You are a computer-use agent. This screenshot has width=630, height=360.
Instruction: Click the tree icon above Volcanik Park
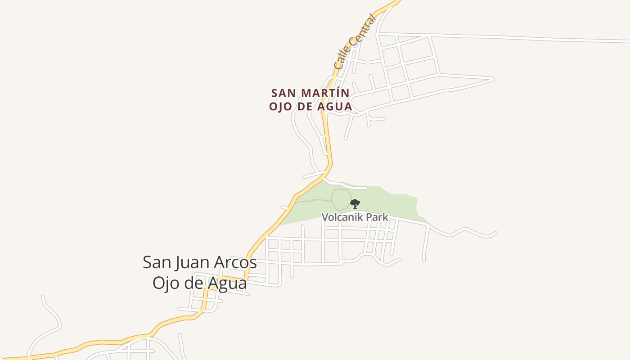355,204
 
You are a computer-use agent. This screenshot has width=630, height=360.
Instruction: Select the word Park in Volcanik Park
377,217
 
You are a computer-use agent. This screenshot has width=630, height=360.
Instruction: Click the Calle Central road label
355,42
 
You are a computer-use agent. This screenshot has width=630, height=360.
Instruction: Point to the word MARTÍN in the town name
325,93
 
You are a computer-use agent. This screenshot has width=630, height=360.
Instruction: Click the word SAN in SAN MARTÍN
284,93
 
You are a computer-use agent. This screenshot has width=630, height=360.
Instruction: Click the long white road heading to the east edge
540,39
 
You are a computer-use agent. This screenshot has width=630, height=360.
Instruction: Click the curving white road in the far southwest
52,315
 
